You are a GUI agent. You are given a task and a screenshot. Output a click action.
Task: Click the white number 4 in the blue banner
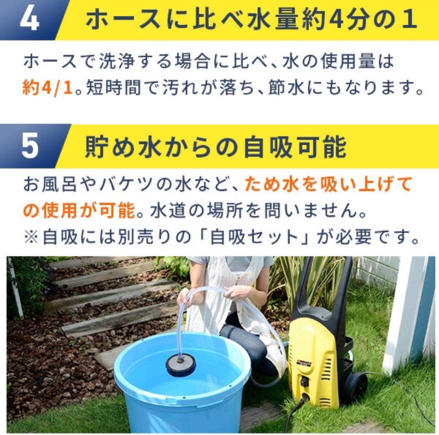coord(29,19)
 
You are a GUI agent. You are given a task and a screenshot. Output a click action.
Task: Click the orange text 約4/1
coord(47,88)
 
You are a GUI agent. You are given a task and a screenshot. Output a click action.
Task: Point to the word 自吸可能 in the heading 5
coord(295,147)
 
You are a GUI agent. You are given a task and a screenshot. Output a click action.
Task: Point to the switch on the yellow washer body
coord(305,381)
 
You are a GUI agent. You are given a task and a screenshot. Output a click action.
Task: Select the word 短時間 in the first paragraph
coord(113,88)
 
